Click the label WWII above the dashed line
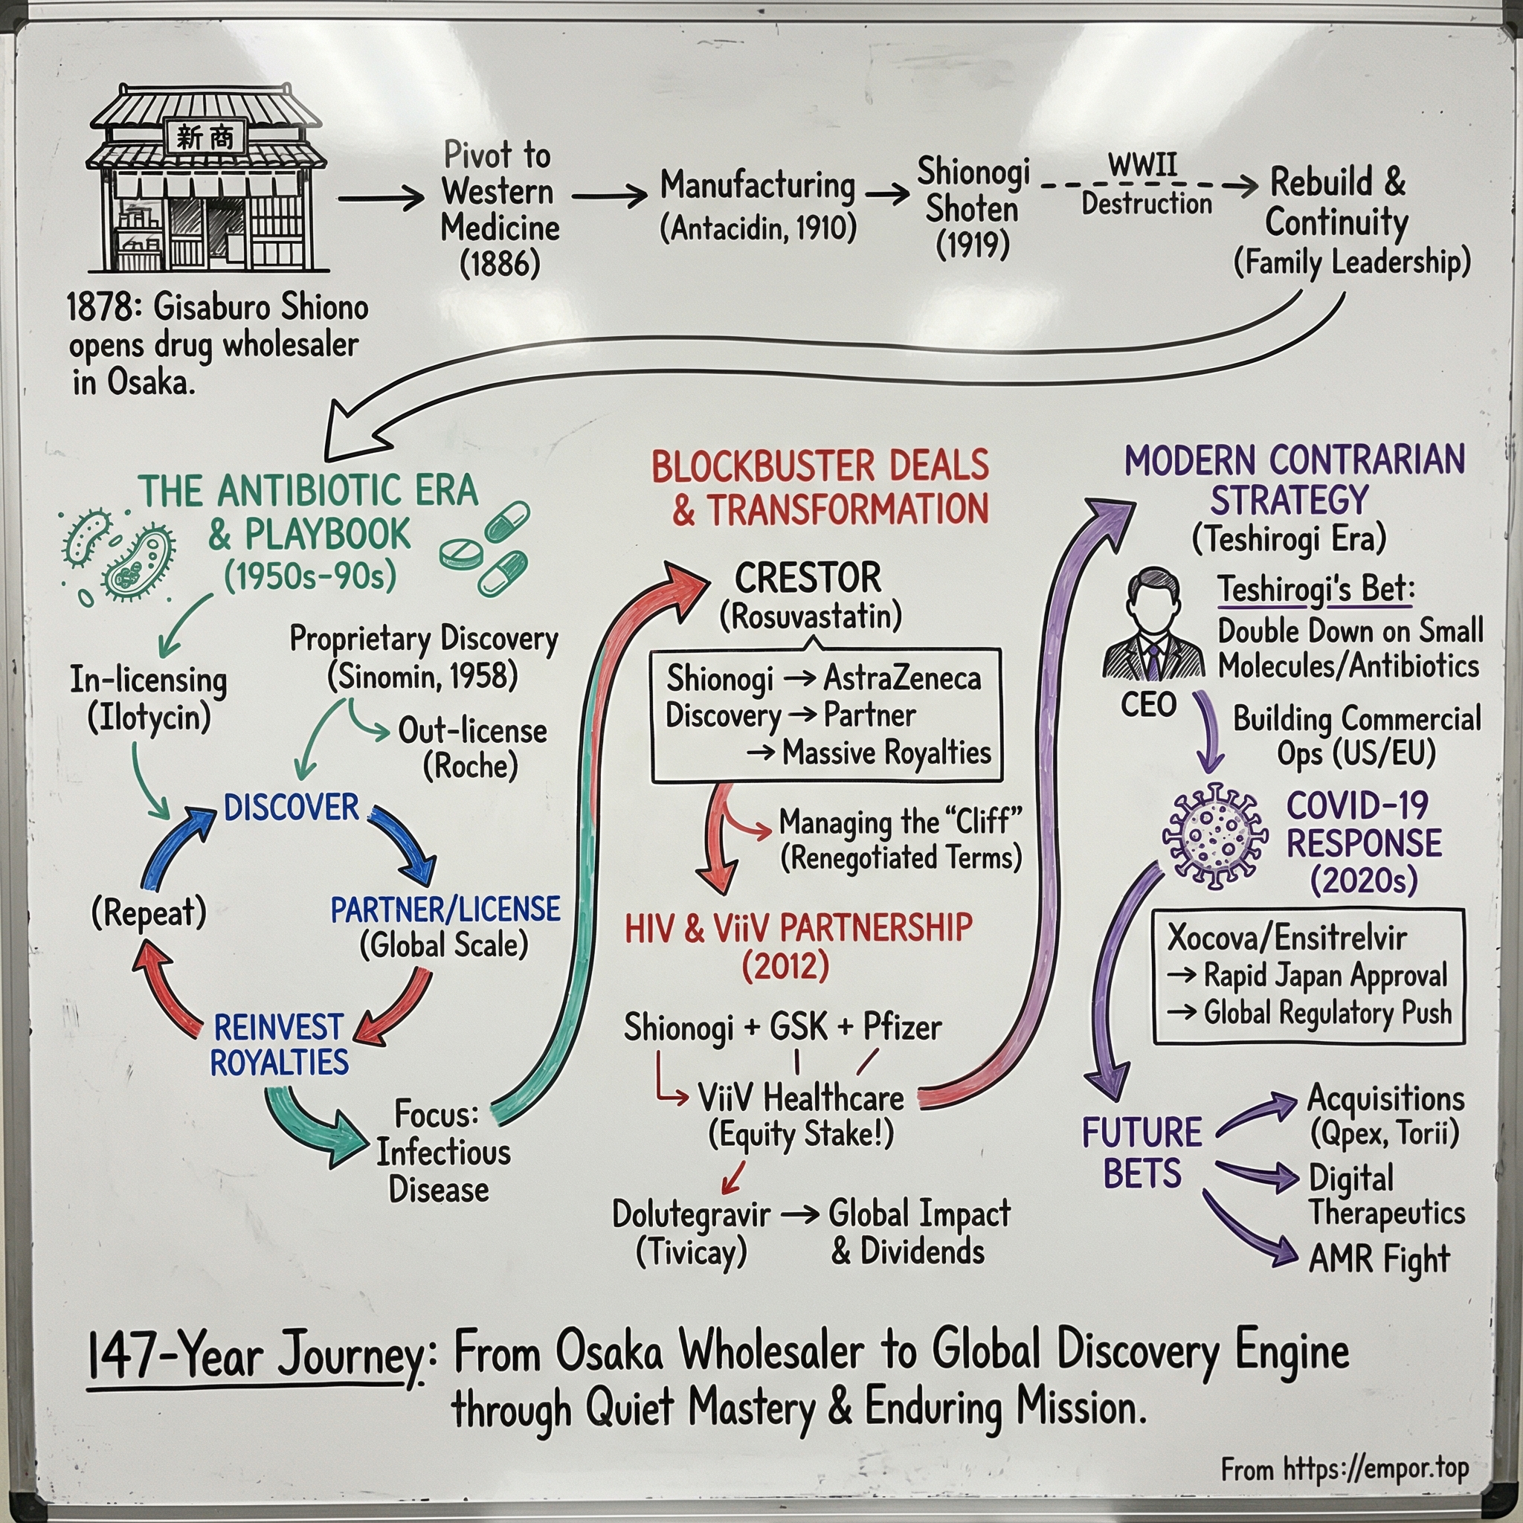pyautogui.click(x=1142, y=166)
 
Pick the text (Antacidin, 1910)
pyautogui.click(x=759, y=228)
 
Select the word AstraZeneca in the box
pyautogui.click(x=902, y=679)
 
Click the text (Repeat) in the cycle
pyautogui.click(x=149, y=914)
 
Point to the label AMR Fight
pyautogui.click(x=1379, y=1260)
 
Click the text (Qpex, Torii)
pyautogui.click(x=1384, y=1133)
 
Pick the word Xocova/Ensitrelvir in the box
pyautogui.click(x=1287, y=938)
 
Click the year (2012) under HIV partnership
pyautogui.click(x=785, y=967)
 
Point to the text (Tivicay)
pyautogui.click(x=691, y=1252)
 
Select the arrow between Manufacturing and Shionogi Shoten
pyautogui.click(x=887, y=193)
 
